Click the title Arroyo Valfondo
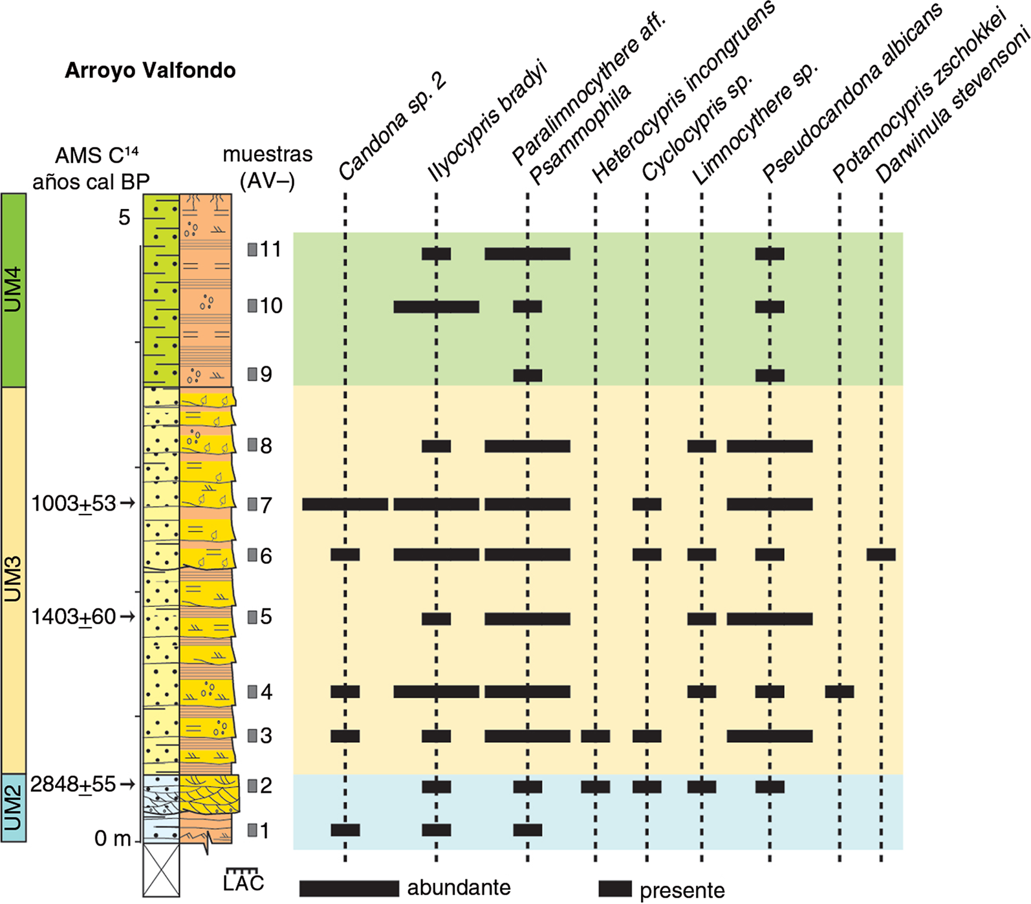pyautogui.click(x=150, y=70)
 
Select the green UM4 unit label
pyautogui.click(x=13, y=290)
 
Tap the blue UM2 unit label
pyautogui.click(x=13, y=808)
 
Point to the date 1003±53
pyautogui.click(x=74, y=503)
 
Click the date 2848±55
pyautogui.click(x=73, y=784)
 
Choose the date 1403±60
pyautogui.click(x=74, y=617)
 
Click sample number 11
pyautogui.click(x=270, y=249)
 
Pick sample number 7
pyautogui.click(x=266, y=504)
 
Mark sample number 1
pyautogui.click(x=265, y=830)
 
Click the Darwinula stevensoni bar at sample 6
pyautogui.click(x=881, y=555)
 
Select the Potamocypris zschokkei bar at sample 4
pyautogui.click(x=840, y=692)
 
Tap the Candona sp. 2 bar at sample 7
pyautogui.click(x=345, y=504)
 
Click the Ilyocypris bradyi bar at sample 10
pyautogui.click(x=437, y=307)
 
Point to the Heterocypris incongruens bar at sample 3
pyautogui.click(x=595, y=736)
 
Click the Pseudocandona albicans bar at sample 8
pyautogui.click(x=770, y=446)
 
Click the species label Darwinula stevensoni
pyautogui.click(x=952, y=109)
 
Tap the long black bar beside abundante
pyautogui.click(x=349, y=888)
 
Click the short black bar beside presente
pyautogui.click(x=615, y=888)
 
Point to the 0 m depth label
pyautogui.click(x=113, y=839)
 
